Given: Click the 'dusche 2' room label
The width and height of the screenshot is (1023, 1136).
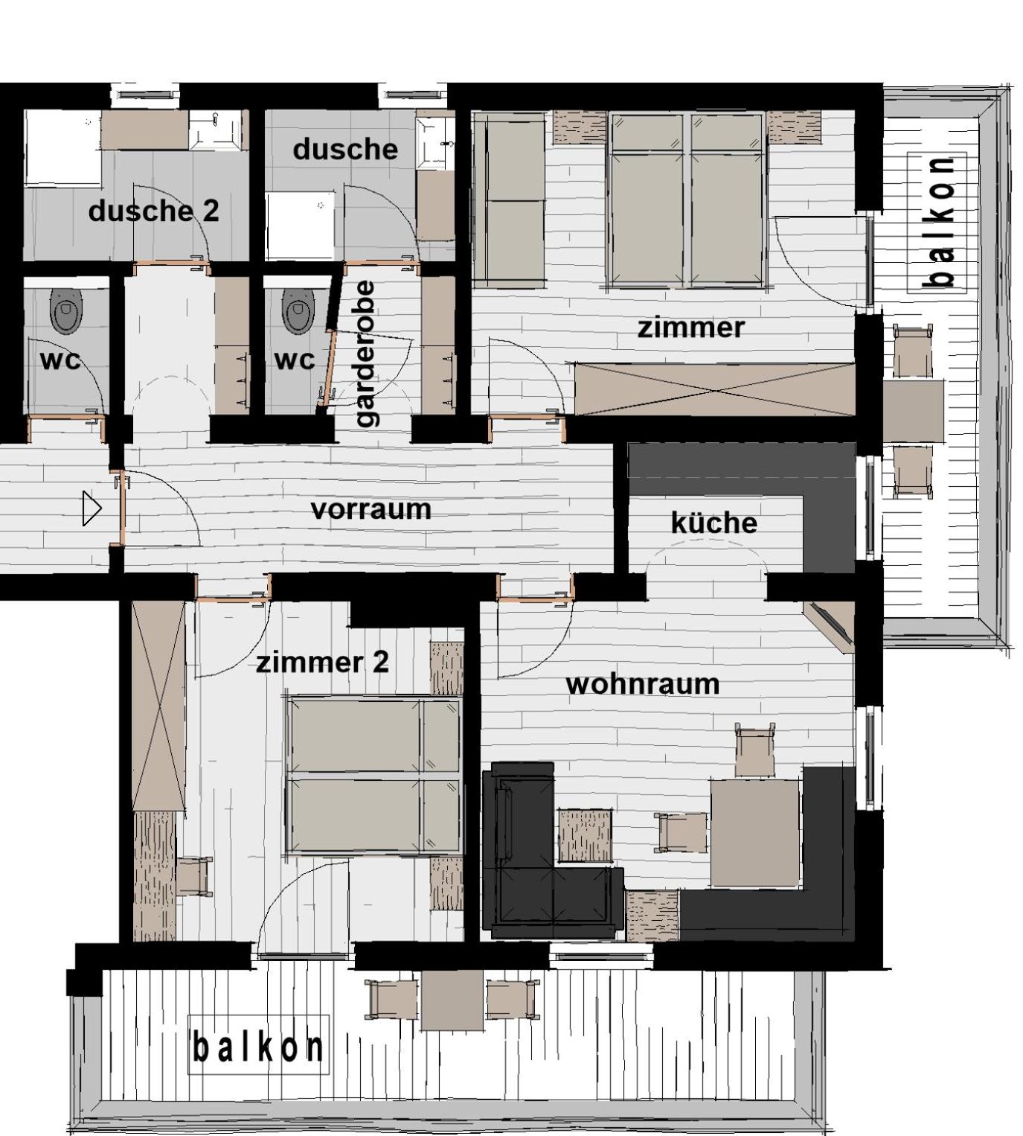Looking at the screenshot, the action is [153, 211].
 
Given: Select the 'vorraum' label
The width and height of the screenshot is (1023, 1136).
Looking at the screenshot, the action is [371, 510].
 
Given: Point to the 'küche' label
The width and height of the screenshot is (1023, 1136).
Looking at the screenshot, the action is [714, 522].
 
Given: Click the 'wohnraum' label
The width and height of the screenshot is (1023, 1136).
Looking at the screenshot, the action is [643, 684].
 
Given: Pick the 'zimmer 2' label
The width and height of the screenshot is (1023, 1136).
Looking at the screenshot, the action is [322, 662].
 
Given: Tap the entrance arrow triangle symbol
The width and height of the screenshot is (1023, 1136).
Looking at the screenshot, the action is [92, 508].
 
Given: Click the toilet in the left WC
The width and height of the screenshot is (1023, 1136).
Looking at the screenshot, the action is [66, 311].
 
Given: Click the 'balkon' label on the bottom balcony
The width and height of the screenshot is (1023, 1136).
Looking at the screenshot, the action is [257, 1047].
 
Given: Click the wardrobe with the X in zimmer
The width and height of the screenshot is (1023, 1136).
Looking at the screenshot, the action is [714, 389].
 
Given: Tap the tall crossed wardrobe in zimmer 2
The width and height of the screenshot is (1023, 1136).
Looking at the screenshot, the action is [158, 706].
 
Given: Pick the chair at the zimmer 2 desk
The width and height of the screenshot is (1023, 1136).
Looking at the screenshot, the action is [195, 877].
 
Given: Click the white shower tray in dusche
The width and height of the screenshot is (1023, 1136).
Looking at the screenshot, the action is [300, 226].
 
